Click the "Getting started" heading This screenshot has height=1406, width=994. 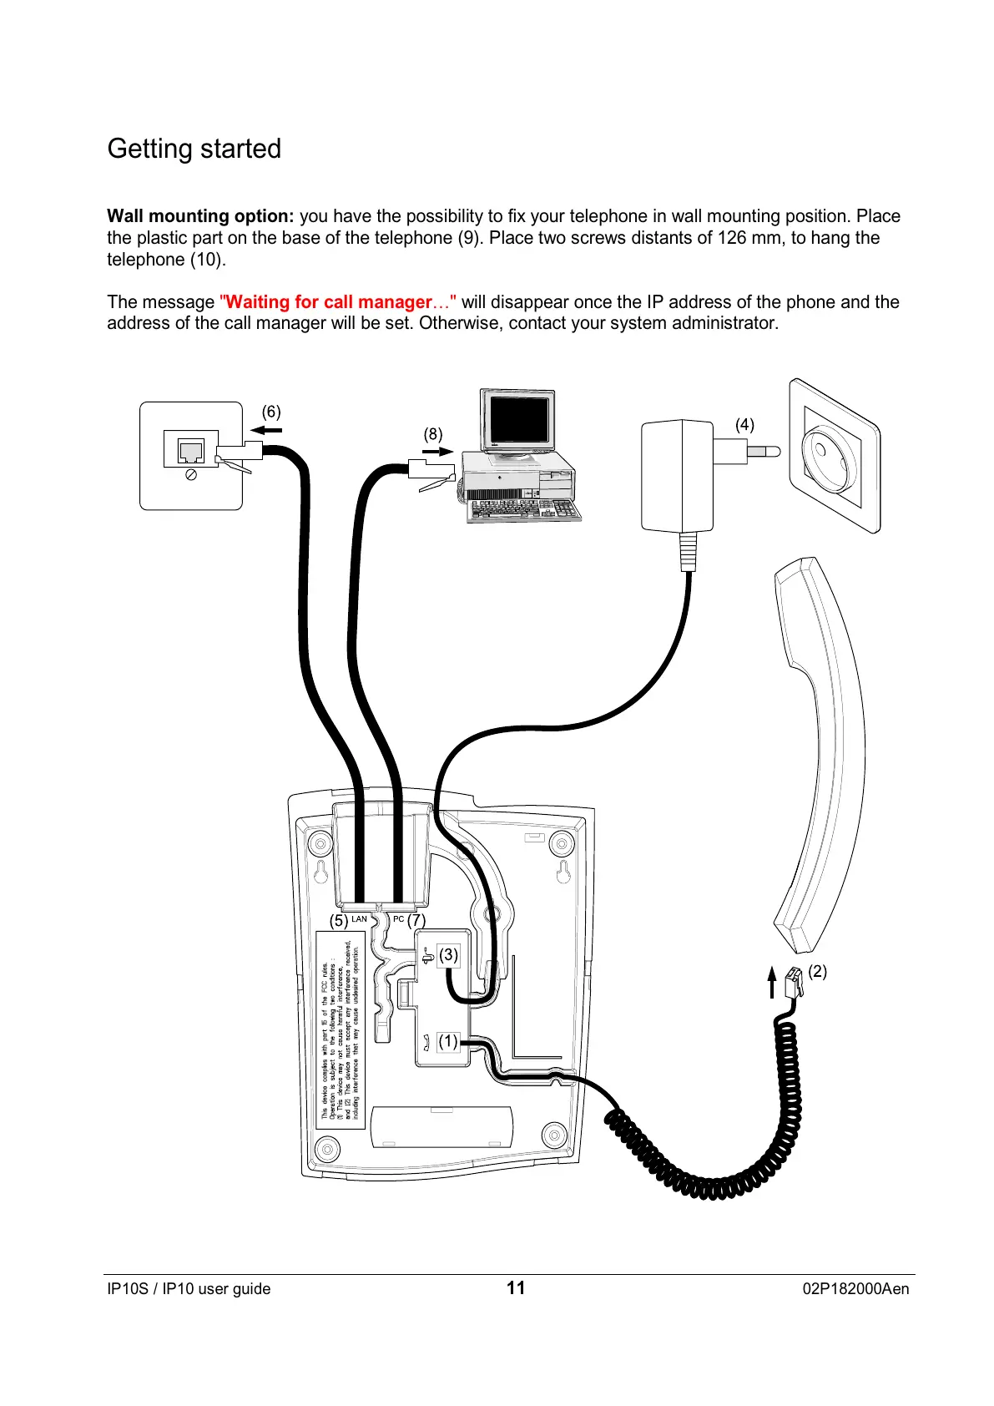click(194, 149)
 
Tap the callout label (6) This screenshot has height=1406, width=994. click(271, 412)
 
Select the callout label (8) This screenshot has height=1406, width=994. click(432, 434)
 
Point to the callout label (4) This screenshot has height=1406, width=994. click(744, 425)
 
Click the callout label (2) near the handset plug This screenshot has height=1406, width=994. click(817, 971)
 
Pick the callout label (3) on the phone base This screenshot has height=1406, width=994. click(448, 954)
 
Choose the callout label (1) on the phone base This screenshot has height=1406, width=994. click(448, 1041)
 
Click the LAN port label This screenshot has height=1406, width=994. click(359, 919)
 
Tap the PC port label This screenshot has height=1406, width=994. click(398, 919)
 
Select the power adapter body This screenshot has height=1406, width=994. click(675, 476)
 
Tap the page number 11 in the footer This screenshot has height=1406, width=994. click(516, 1287)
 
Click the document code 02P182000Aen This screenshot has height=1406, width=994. click(855, 1288)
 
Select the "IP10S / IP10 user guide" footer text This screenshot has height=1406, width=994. click(189, 1288)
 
